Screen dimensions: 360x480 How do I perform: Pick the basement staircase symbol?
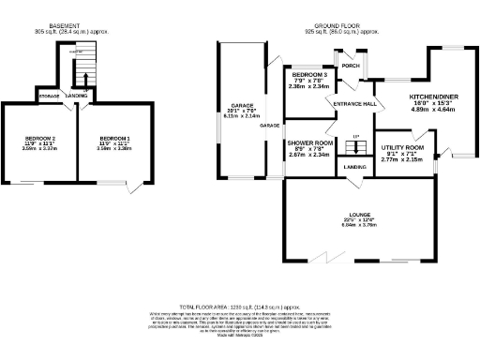point(82,71)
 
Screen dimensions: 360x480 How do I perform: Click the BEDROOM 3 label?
point(309,74)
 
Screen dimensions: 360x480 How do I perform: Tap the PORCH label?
point(351,66)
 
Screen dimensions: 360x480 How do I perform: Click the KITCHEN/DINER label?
point(433,97)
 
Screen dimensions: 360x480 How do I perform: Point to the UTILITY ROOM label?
point(403,148)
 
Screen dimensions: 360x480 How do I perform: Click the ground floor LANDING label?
point(354,167)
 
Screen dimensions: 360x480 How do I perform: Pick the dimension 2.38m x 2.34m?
point(309,86)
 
